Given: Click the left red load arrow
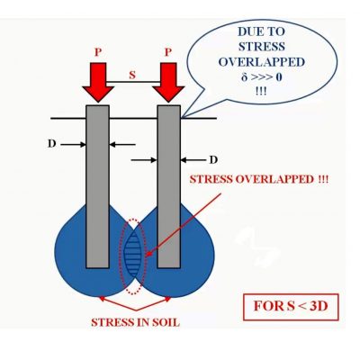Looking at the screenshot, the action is click(x=98, y=83).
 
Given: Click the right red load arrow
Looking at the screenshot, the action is click(x=168, y=83).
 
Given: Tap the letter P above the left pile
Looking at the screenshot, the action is click(x=98, y=52).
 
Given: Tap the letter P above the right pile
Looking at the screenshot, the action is click(x=168, y=52).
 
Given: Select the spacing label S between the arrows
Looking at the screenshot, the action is click(x=132, y=75).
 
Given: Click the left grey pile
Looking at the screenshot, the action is click(x=97, y=186).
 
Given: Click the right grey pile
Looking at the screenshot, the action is click(x=169, y=186).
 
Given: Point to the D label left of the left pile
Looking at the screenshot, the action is click(x=52, y=144).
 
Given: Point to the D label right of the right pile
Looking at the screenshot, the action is click(x=213, y=160).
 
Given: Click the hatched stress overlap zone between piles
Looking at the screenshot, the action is click(x=132, y=256).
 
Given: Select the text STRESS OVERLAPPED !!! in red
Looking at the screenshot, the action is click(x=259, y=180).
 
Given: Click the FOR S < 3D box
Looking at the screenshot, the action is click(x=291, y=307).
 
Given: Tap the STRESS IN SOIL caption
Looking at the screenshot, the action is click(x=136, y=322).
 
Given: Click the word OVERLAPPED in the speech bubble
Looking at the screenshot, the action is click(x=262, y=62).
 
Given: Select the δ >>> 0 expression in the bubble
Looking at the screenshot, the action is click(x=262, y=77).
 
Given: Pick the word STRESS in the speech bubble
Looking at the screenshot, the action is click(x=262, y=47).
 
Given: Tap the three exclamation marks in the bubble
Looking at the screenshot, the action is click(x=261, y=91).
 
